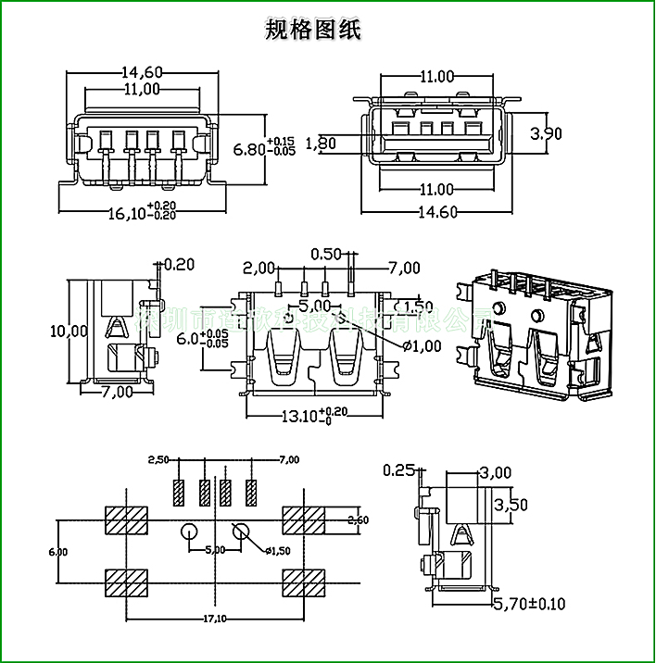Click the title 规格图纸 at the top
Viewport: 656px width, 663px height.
pyautogui.click(x=313, y=31)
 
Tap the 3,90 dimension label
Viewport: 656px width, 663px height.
pyautogui.click(x=546, y=133)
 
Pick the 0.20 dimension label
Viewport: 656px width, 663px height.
pyautogui.click(x=179, y=264)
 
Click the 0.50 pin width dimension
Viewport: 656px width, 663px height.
pyautogui.click(x=326, y=254)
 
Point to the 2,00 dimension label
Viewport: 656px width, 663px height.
pyautogui.click(x=259, y=269)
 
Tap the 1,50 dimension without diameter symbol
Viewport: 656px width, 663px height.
pyautogui.click(x=417, y=306)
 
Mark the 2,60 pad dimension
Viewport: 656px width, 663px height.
pyautogui.click(x=358, y=520)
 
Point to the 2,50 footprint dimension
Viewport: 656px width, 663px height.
pyautogui.click(x=158, y=459)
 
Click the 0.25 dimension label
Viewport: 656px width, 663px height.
pyautogui.click(x=398, y=470)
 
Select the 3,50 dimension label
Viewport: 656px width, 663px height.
pyautogui.click(x=511, y=505)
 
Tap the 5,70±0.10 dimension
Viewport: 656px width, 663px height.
pyautogui.click(x=528, y=604)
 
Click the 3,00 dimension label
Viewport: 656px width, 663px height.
pyautogui.click(x=495, y=472)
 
